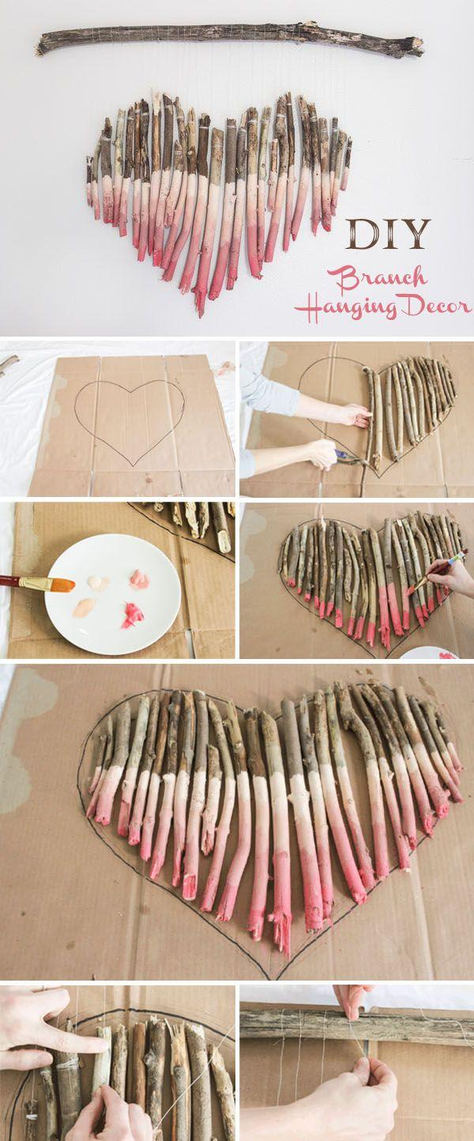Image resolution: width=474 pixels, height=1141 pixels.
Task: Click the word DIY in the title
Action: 387,235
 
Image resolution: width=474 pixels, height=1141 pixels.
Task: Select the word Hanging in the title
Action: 340,307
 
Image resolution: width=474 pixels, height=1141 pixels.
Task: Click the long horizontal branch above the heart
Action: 229,40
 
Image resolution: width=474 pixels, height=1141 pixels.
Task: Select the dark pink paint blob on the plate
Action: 131,615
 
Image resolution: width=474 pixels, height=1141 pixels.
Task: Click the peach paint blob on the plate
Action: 85,607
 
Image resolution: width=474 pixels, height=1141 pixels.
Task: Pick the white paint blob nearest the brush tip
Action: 97,582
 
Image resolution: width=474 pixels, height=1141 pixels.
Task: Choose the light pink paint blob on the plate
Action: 139,579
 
